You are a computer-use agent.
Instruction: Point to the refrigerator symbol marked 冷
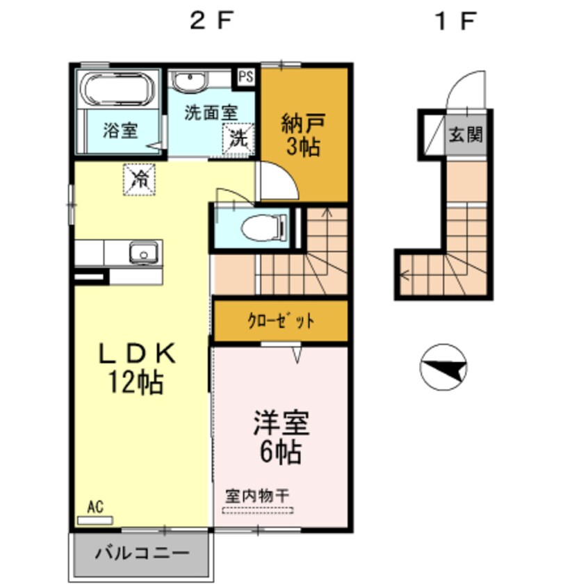[x=140, y=179]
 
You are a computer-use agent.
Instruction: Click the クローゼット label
[x=281, y=321]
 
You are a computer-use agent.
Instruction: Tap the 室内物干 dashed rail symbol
[x=258, y=509]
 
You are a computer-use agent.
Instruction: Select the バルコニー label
[x=142, y=554]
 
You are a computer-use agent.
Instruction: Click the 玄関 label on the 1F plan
[x=465, y=134]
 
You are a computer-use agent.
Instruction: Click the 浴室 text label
[x=120, y=131]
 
